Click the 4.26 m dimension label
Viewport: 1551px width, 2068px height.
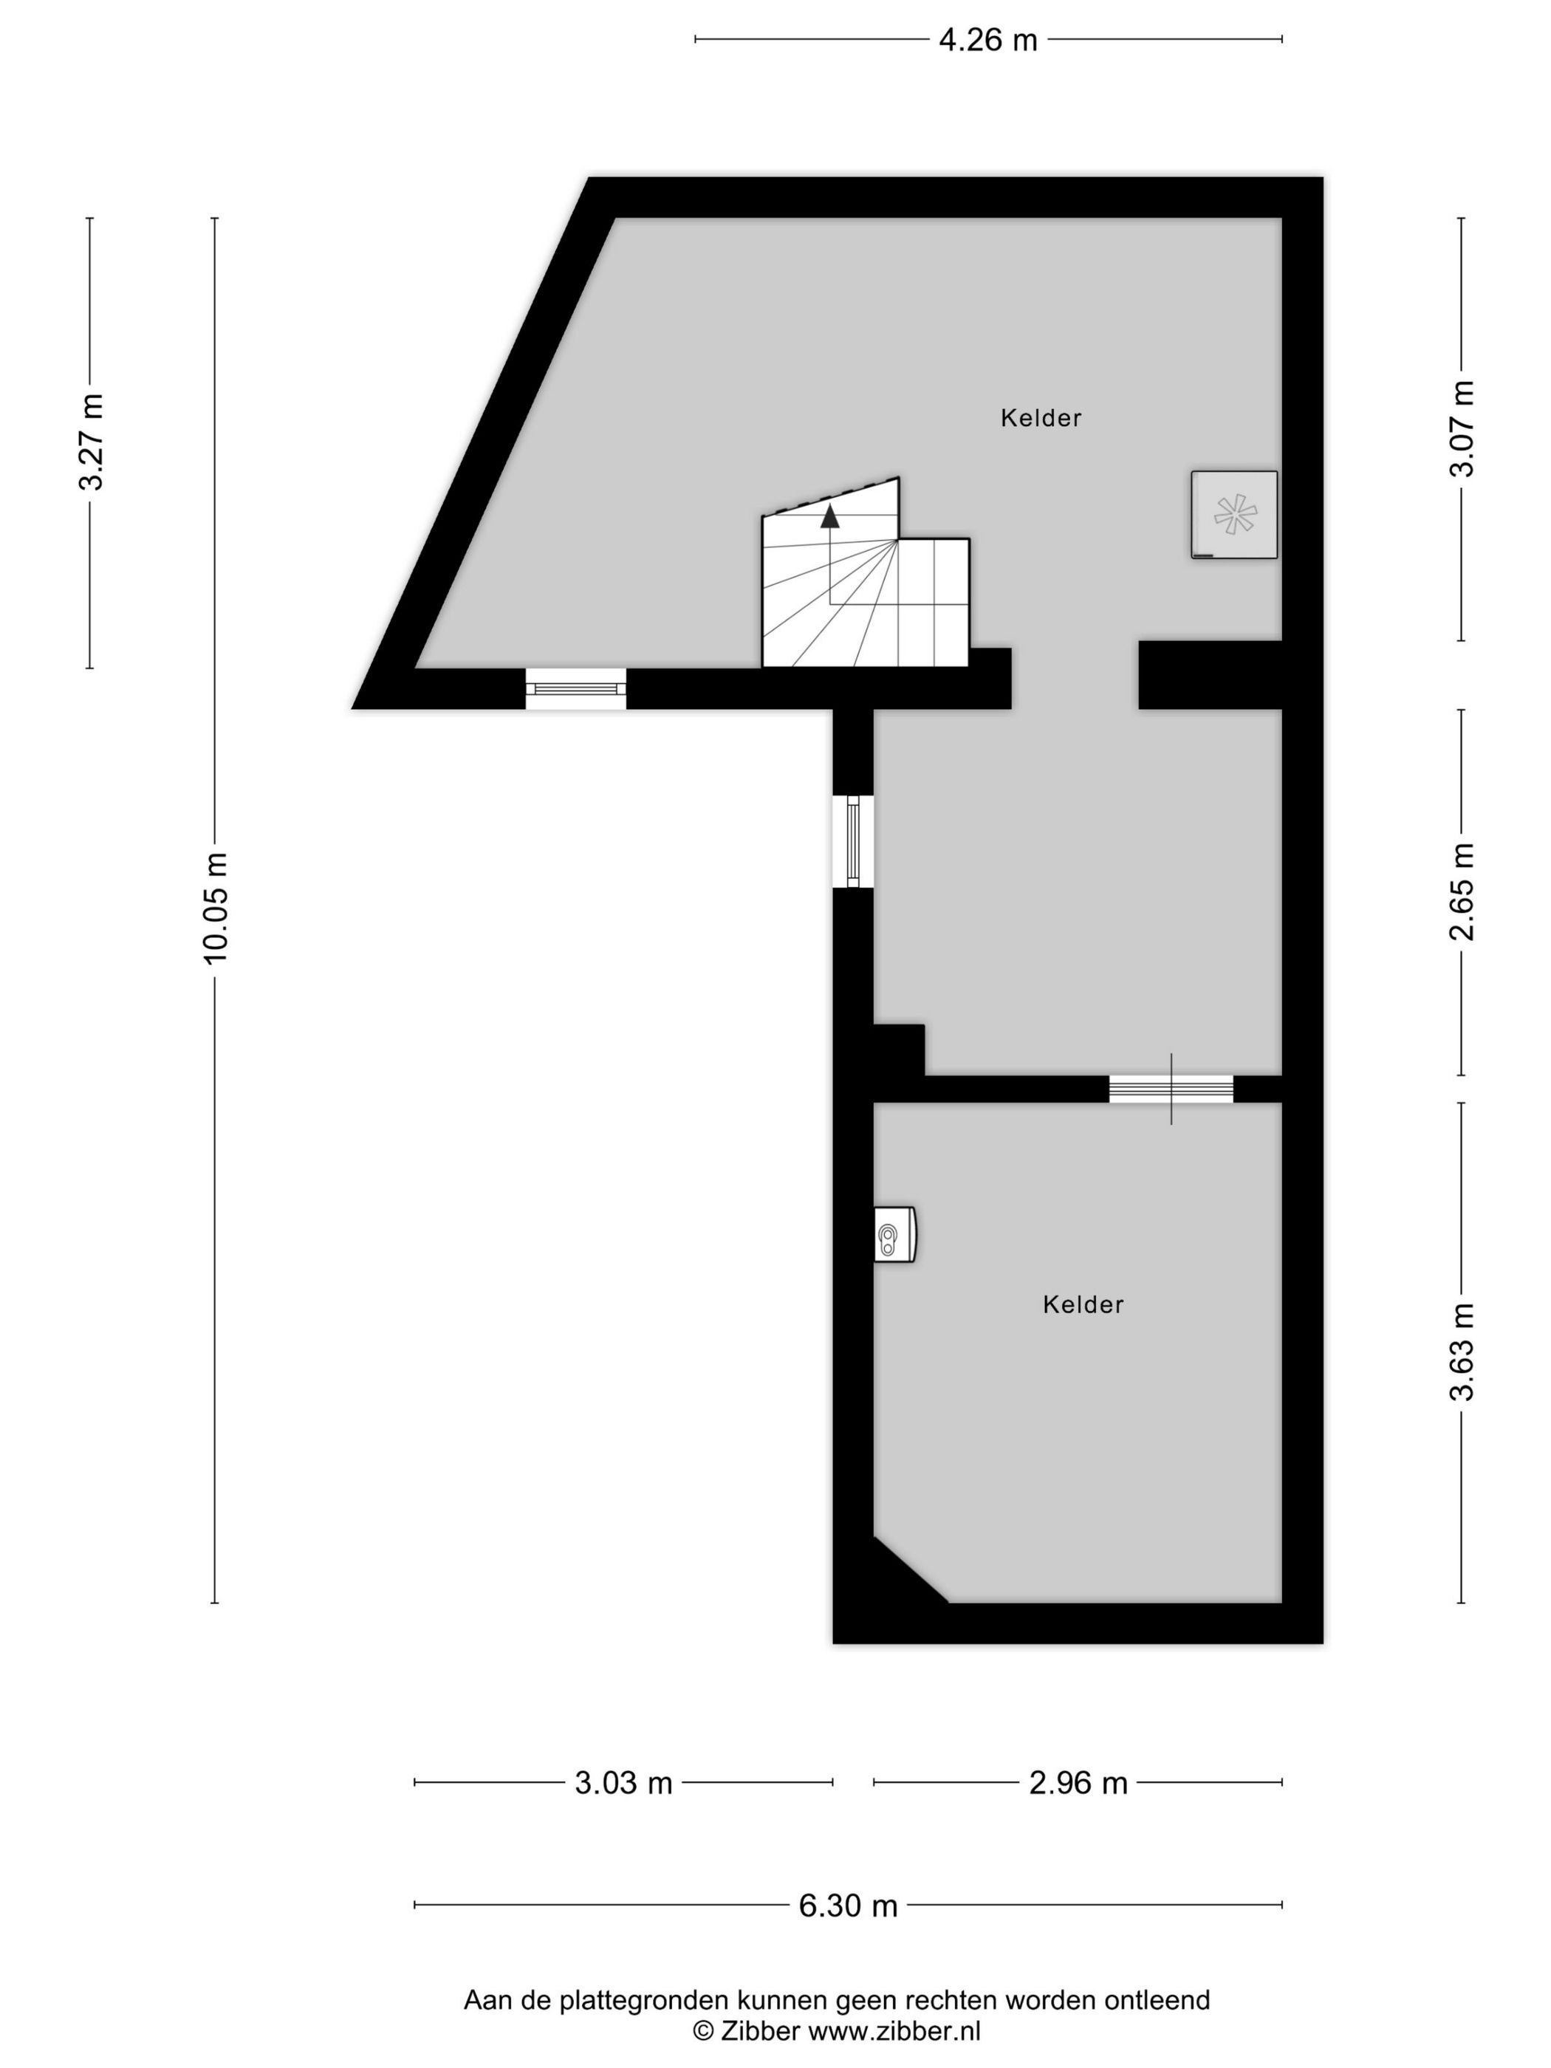point(987,40)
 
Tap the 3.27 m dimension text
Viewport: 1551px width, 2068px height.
point(92,442)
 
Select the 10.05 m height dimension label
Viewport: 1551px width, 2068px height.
point(216,907)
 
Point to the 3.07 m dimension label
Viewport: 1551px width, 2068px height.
point(1461,429)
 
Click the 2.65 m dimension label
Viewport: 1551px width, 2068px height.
point(1461,891)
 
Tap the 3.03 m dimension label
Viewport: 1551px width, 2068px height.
point(623,1783)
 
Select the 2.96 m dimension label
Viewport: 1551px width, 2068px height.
point(1078,1783)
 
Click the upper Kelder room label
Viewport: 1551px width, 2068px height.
point(1041,418)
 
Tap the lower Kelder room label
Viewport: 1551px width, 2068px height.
point(1083,1304)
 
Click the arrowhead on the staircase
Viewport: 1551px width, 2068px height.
point(829,516)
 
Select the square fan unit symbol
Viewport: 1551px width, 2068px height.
point(1234,514)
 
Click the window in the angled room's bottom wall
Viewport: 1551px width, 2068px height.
point(575,688)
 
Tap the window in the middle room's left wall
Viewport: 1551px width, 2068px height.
point(852,840)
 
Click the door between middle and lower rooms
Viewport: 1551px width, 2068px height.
point(1171,1088)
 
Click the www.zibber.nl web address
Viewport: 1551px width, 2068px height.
point(894,2029)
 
